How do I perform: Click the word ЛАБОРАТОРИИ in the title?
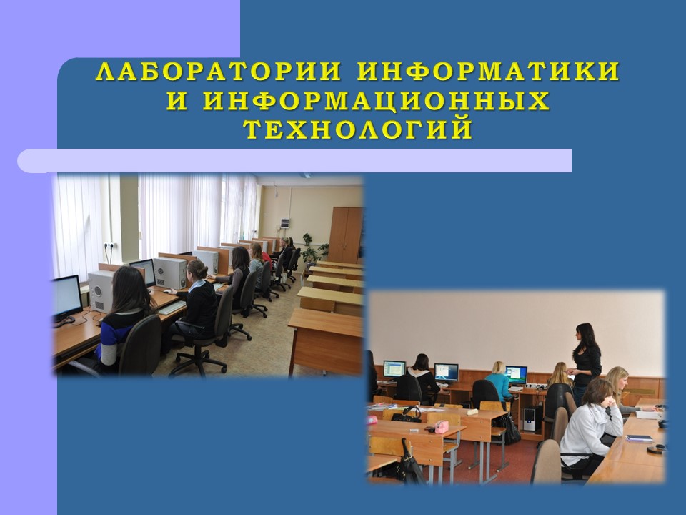pyautogui.click(x=219, y=72)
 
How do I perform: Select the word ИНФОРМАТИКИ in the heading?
pyautogui.click(x=488, y=72)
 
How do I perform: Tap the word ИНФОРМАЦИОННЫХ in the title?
pyautogui.click(x=377, y=101)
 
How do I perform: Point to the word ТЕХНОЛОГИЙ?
pyautogui.click(x=358, y=129)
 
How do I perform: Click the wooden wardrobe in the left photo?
pyautogui.click(x=346, y=235)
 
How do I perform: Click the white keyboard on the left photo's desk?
pyautogui.click(x=172, y=308)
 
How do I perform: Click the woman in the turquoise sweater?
pyautogui.click(x=498, y=380)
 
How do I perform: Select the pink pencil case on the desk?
pyautogui.click(x=442, y=427)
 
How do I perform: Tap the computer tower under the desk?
pyautogui.click(x=530, y=420)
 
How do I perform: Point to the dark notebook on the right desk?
pyautogui.click(x=639, y=438)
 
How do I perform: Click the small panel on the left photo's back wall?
pyautogui.click(x=285, y=222)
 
